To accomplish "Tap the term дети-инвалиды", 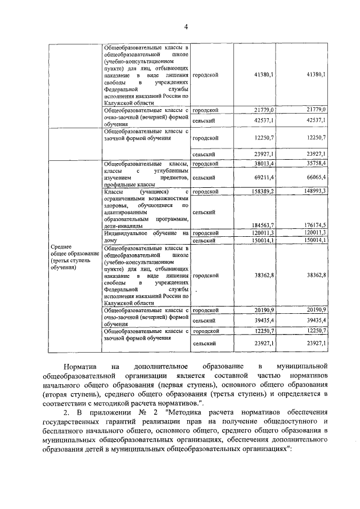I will click(121, 226).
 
